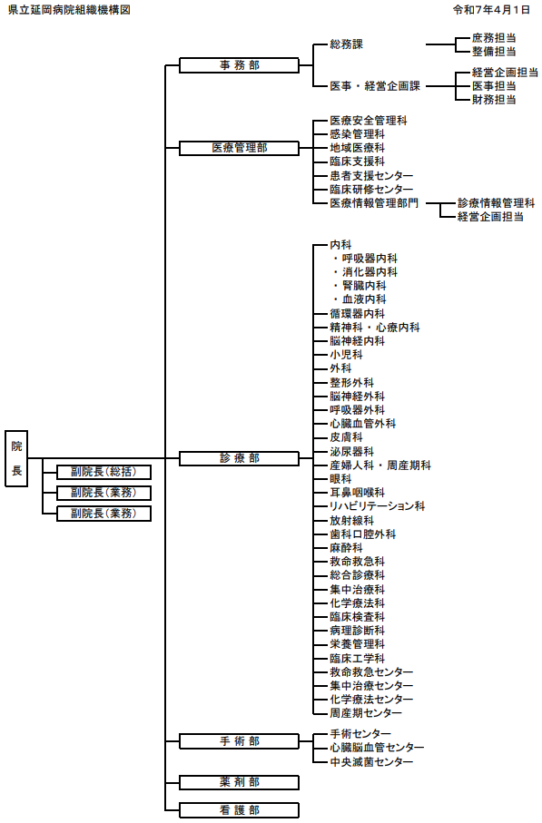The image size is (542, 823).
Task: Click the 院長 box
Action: pyautogui.click(x=16, y=459)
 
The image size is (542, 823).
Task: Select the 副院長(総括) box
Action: pyautogui.click(x=104, y=472)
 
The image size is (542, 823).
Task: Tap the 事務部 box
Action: pyautogui.click(x=239, y=65)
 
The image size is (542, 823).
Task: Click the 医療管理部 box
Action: pyautogui.click(x=239, y=148)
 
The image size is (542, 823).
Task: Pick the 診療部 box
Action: pyautogui.click(x=239, y=458)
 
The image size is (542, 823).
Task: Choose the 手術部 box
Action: pyautogui.click(x=239, y=741)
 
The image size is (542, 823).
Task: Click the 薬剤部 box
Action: pyautogui.click(x=239, y=782)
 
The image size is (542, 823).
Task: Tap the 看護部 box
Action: pyautogui.click(x=239, y=810)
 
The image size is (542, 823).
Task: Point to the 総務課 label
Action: pyautogui.click(x=347, y=44)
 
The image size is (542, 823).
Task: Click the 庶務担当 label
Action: pyautogui.click(x=494, y=38)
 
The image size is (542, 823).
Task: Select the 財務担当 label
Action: pyautogui.click(x=494, y=99)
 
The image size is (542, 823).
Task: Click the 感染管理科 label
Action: pyautogui.click(x=358, y=134)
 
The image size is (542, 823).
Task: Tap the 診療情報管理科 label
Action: pyautogui.click(x=497, y=202)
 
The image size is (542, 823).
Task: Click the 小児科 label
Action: pyautogui.click(x=347, y=354)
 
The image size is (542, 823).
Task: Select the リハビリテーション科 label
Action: pyautogui.click(x=377, y=506)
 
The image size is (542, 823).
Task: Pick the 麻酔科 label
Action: pyautogui.click(x=347, y=547)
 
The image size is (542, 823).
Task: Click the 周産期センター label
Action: pyautogui.click(x=366, y=713)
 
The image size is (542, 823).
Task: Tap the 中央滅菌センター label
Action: pyautogui.click(x=371, y=761)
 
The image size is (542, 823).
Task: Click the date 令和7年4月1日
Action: pyautogui.click(x=491, y=10)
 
